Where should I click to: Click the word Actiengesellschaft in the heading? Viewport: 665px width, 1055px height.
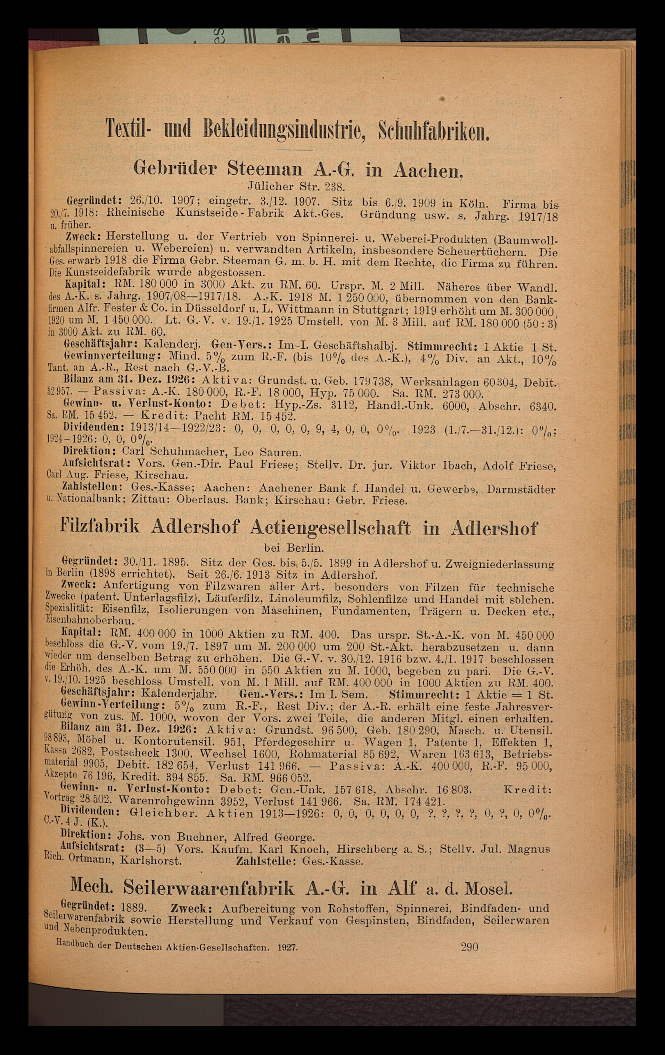pos(331,528)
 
